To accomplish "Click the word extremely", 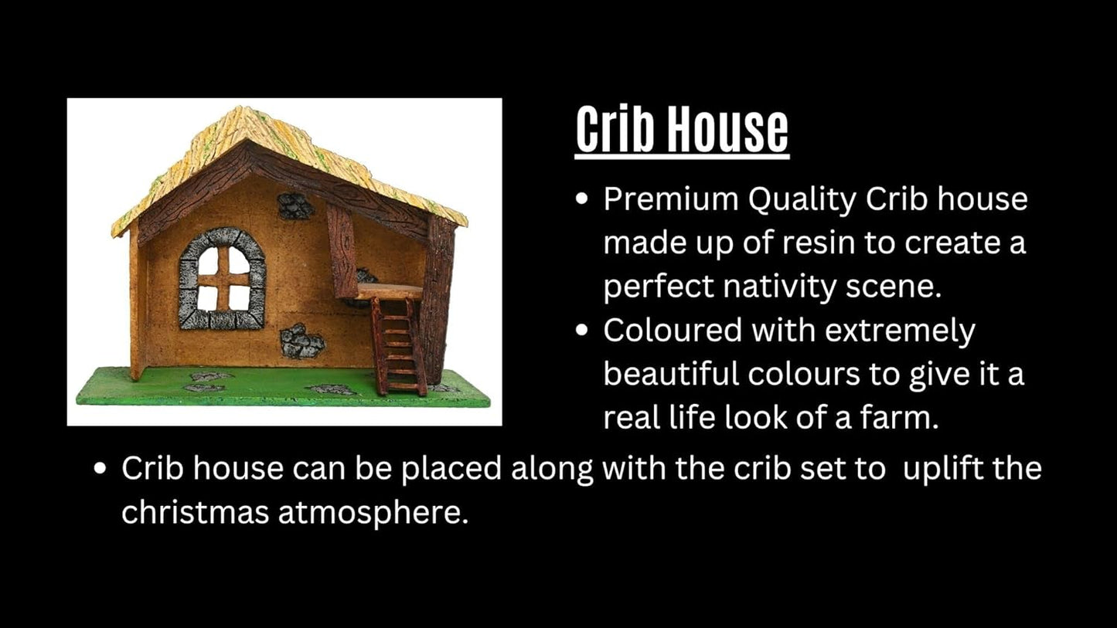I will click(x=901, y=331).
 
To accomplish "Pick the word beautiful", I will click(x=670, y=375).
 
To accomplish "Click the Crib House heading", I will click(x=682, y=131).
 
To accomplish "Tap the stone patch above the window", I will click(x=295, y=206).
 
